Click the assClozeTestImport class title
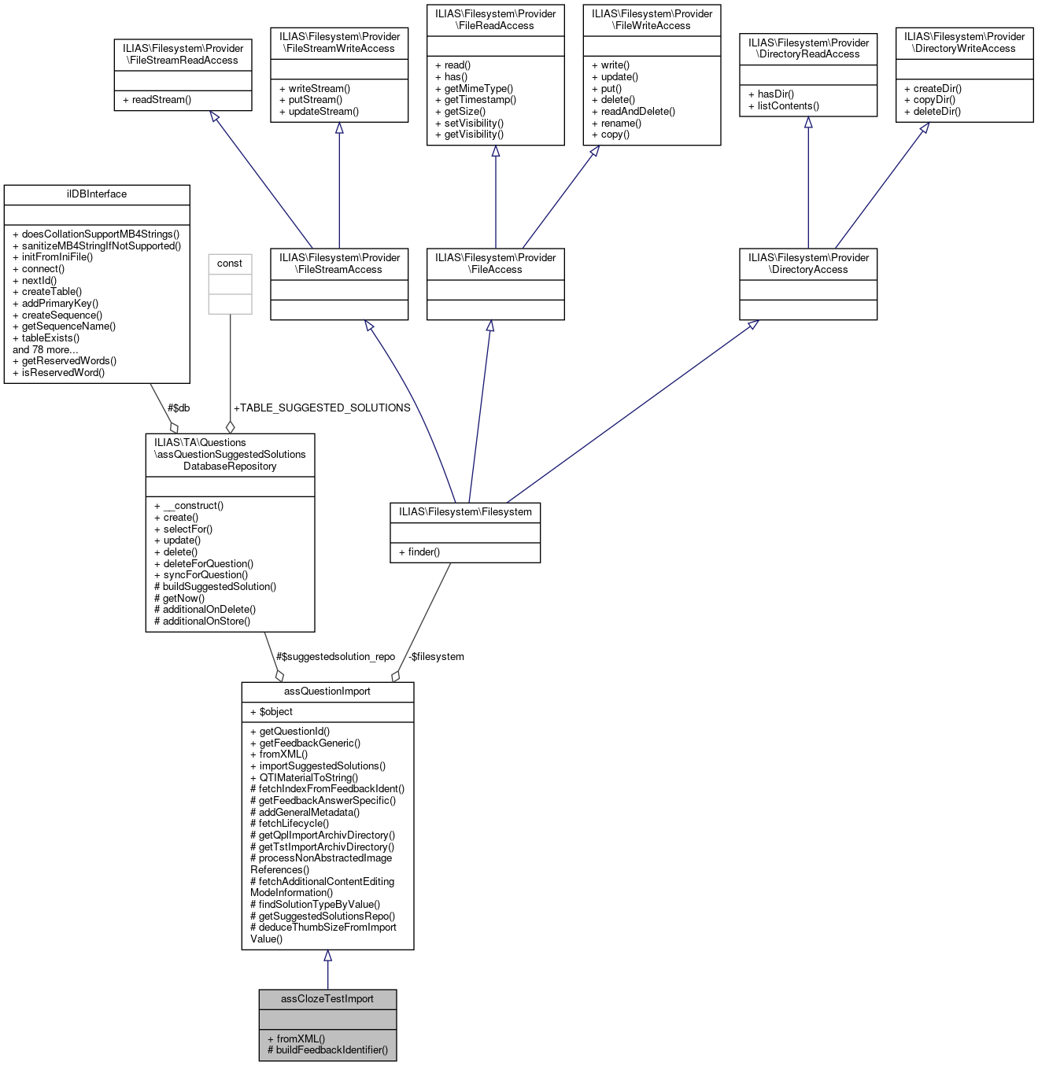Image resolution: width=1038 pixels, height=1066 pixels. pyautogui.click(x=327, y=998)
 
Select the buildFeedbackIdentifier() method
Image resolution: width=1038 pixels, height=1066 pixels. pyautogui.click(x=327, y=1049)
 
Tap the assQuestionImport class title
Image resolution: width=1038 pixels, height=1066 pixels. pyautogui.click(x=327, y=691)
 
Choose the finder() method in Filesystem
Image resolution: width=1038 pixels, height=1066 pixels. pyautogui.click(x=419, y=551)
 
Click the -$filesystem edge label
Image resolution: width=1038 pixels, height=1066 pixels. pyautogui.click(x=436, y=656)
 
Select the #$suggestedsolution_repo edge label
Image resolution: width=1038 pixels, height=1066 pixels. pyautogui.click(x=335, y=656)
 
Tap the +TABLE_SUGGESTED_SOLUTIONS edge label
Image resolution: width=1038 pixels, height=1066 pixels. pyautogui.click(x=322, y=408)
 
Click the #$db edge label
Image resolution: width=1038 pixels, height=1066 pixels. pyautogui.click(x=179, y=408)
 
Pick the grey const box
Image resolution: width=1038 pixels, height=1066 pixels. pyautogui.click(x=230, y=283)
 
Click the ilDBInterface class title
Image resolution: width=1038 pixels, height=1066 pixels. pyautogui.click(x=97, y=194)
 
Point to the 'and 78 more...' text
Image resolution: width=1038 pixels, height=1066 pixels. pyautogui.click(x=46, y=349)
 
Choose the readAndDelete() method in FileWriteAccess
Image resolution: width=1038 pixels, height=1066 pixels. pyautogui.click(x=634, y=111)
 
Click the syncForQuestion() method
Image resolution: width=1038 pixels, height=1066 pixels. pyautogui.click(x=201, y=574)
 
